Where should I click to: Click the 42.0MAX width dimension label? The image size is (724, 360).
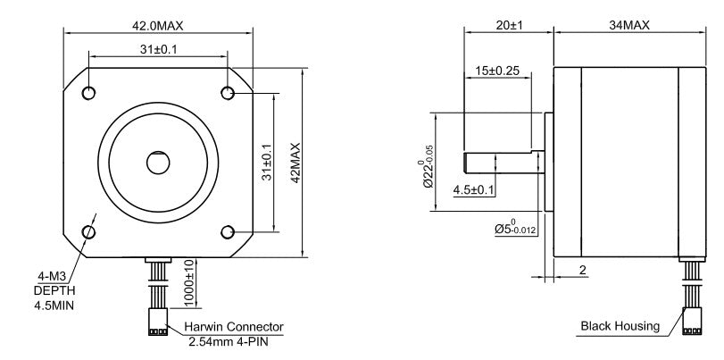157,25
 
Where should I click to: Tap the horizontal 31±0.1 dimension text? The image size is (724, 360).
157,49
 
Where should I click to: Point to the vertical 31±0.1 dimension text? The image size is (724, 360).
267,162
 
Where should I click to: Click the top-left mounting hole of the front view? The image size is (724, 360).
88,93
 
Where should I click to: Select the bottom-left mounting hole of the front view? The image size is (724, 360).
88,232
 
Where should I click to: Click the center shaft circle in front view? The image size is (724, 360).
158,163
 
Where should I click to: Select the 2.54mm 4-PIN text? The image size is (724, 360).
234,341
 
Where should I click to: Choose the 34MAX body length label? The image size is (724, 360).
628,27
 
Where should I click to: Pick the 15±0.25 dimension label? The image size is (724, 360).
497,71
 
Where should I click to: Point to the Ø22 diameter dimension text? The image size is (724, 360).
428,165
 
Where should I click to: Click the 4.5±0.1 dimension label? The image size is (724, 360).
474,189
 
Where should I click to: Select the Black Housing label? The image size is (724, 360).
620,326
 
